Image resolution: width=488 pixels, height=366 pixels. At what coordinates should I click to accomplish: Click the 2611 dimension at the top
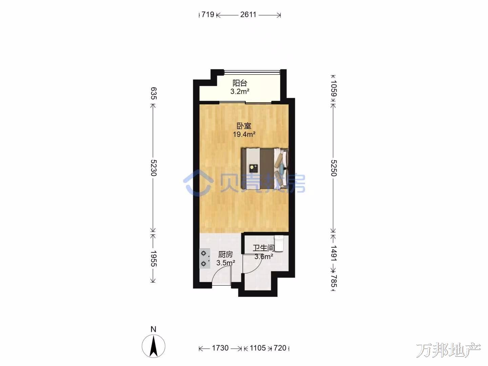(248, 15)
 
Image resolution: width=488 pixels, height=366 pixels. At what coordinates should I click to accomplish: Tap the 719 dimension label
(208, 15)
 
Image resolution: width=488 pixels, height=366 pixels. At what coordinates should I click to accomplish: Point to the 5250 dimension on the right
(334, 168)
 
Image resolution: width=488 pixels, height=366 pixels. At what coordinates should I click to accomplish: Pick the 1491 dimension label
(334, 253)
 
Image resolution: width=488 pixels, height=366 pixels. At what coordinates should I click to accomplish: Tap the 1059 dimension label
(334, 88)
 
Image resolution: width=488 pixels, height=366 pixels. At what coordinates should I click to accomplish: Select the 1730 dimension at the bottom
(220, 348)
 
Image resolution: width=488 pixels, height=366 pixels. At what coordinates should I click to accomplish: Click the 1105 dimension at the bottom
(258, 348)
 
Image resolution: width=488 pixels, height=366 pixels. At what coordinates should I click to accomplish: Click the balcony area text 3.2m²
(240, 91)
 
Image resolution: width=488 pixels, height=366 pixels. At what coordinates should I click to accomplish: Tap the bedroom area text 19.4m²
(244, 134)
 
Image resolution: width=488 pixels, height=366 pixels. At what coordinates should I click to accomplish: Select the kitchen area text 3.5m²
(226, 263)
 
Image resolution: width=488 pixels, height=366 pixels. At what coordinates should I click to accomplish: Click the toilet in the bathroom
(279, 244)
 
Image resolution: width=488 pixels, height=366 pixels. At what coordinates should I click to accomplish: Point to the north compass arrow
(154, 346)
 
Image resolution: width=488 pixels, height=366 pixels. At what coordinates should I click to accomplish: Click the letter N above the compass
(154, 329)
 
